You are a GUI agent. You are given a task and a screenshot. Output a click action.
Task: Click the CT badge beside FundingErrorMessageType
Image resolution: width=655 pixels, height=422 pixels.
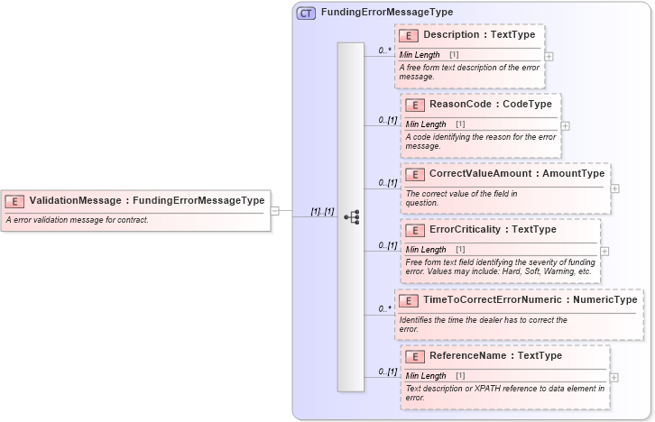[x=306, y=13]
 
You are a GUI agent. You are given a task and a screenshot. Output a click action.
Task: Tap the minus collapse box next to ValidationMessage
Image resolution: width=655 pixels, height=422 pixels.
[x=275, y=211]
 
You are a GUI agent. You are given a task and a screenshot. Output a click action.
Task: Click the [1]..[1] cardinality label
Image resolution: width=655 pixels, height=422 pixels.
[x=322, y=211]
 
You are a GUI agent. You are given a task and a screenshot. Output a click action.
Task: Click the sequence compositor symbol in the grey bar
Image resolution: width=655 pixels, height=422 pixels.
[x=352, y=216]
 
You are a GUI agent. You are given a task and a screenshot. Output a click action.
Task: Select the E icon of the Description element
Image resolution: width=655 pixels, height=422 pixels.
[x=409, y=36]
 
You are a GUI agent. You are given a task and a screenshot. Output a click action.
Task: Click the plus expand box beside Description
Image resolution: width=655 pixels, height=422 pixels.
[x=549, y=56]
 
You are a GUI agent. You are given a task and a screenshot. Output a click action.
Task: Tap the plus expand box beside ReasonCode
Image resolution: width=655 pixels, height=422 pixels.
[x=566, y=125]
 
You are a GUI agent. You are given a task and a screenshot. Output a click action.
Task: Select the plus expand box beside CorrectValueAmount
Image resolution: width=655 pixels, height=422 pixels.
[x=614, y=188]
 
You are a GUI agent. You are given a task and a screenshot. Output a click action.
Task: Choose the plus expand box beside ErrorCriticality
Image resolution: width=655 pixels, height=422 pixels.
[x=604, y=251]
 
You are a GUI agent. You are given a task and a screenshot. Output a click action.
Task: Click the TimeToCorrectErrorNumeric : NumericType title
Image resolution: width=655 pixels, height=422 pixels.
[x=530, y=299]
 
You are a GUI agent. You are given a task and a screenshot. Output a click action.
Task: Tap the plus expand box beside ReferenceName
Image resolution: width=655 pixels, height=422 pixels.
[x=614, y=377]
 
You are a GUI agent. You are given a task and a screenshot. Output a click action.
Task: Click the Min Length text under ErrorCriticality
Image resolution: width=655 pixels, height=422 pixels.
[x=426, y=249]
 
